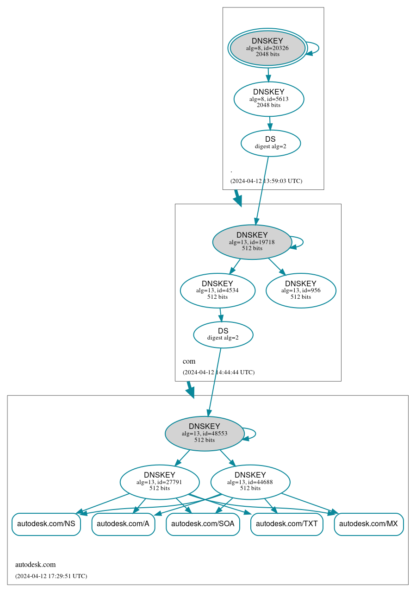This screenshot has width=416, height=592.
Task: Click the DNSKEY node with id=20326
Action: [267, 48]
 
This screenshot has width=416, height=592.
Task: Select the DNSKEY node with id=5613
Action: [268, 99]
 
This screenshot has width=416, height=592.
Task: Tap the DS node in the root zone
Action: [270, 143]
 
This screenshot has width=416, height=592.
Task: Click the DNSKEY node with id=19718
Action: [252, 242]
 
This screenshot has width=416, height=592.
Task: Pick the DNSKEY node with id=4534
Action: [217, 290]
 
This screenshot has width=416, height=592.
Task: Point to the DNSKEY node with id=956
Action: [300, 290]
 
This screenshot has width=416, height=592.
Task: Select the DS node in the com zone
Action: [223, 334]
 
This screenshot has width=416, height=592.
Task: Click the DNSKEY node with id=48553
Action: [204, 433]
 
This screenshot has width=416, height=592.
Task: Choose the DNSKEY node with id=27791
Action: [159, 482]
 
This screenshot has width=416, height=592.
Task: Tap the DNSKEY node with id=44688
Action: [250, 482]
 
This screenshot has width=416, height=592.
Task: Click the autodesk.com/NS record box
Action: [46, 524]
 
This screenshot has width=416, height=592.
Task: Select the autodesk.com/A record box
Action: [123, 524]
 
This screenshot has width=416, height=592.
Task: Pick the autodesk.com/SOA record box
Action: [203, 524]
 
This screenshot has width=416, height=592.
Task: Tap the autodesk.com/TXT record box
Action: [286, 524]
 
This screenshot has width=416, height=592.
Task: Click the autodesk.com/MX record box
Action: [368, 524]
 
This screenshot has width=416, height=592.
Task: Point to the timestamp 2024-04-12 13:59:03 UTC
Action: [266, 181]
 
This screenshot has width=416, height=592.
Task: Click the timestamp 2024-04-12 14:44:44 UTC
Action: [218, 372]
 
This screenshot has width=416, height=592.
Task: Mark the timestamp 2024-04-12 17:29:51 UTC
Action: [51, 576]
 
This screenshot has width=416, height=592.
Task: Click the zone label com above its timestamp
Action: [189, 361]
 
